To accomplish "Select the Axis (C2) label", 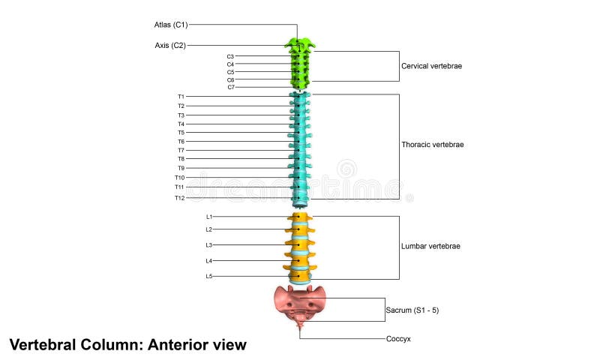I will (169, 45).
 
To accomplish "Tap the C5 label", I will (230, 72).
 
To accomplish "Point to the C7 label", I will (230, 88).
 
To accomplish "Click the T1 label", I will (181, 97).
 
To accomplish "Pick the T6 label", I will (181, 142).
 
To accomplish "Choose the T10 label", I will (179, 178).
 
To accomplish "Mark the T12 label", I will (179, 198).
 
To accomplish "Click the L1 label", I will (209, 217).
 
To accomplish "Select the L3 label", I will (209, 245).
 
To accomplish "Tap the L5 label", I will (209, 277).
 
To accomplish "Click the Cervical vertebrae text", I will (431, 66).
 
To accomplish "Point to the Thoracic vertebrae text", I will (433, 145).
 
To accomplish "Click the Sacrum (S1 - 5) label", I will (412, 309).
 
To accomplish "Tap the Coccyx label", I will (398, 339).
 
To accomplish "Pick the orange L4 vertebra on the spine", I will (300, 260).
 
